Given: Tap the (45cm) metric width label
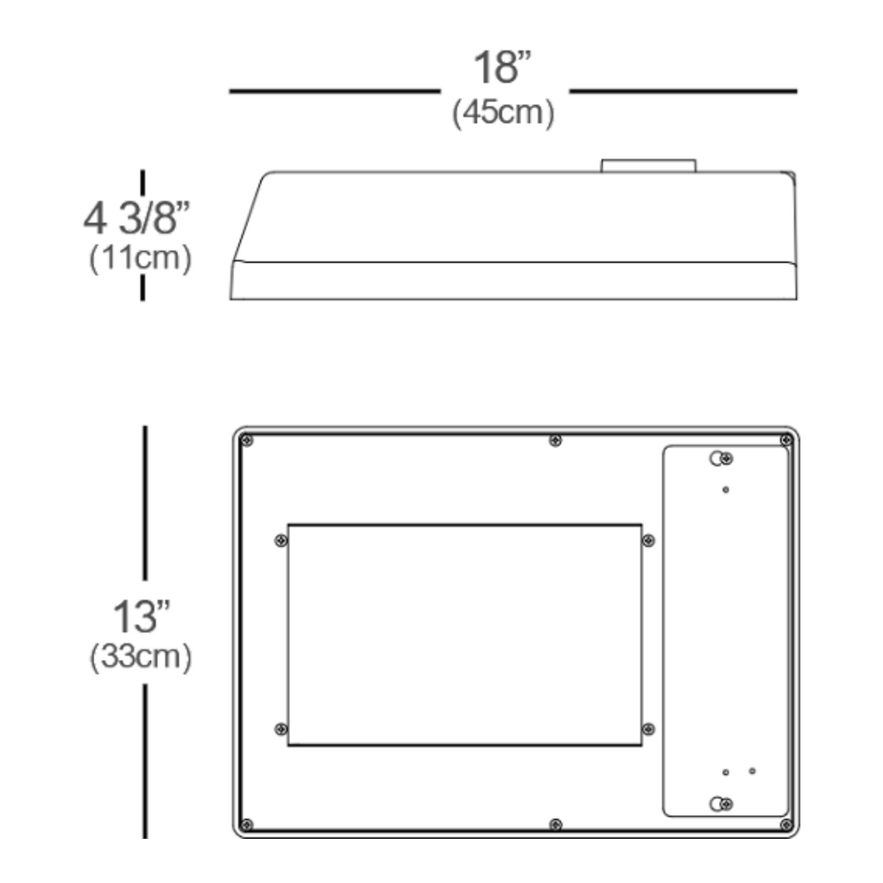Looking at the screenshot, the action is click(503, 112).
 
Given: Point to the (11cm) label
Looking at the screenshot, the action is click(140, 258).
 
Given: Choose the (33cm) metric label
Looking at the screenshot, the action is click(140, 657).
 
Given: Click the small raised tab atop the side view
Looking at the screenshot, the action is click(649, 165).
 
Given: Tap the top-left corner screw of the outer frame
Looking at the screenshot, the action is click(246, 441).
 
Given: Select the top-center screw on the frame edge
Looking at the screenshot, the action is click(555, 441).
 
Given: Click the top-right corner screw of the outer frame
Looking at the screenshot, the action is click(786, 440).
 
